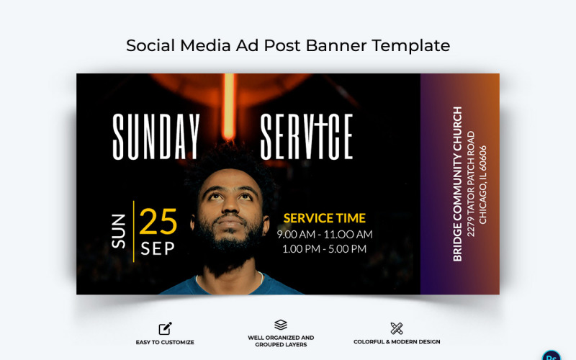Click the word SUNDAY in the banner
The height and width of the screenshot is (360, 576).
coord(156,137)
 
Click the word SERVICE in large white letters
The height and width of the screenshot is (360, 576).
coord(306,137)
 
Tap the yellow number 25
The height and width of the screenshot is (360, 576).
coord(158,222)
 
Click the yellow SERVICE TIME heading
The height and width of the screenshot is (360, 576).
coord(324,217)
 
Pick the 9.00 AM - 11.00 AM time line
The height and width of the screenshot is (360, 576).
coord(325,234)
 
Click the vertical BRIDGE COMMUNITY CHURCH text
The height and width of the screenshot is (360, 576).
coord(457,184)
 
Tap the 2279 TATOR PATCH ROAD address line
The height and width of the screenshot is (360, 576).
coord(471,184)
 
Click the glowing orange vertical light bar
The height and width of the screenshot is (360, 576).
coord(229,108)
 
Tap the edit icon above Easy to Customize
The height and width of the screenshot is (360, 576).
coord(165,328)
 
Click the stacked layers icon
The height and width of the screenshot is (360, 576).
coord(281,325)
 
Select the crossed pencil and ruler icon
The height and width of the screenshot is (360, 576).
coord(396,328)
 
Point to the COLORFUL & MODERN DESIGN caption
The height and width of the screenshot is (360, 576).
coord(397,342)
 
